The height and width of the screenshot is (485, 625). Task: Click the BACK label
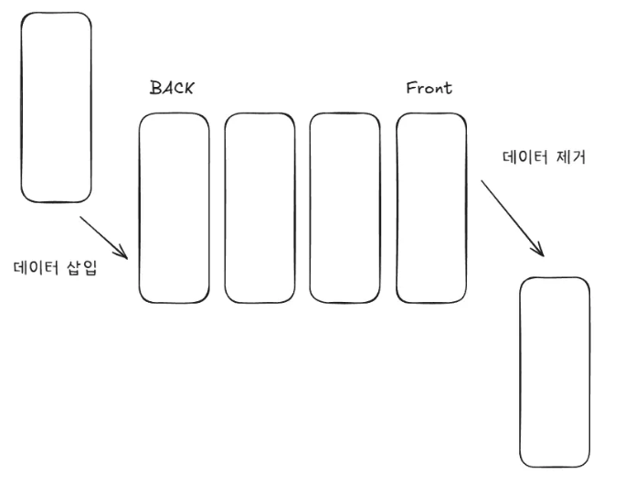pos(172,89)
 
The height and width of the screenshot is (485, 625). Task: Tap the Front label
pos(429,89)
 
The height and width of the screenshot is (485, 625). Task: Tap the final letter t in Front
pos(448,89)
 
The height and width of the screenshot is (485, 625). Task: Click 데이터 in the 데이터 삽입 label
pos(38,268)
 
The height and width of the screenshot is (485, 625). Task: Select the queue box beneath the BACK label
pos(175,208)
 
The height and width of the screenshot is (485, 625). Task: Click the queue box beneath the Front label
pos(431,208)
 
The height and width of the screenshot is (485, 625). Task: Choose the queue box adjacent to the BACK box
pos(260,208)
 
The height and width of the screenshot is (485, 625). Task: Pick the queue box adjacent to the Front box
pos(345,208)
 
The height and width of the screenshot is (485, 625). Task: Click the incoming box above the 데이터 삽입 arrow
pos(57,107)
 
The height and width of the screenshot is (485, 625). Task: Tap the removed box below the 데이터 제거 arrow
pos(555,372)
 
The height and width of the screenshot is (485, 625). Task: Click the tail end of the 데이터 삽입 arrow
pos(80,217)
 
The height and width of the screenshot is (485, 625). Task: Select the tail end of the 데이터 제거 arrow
pos(482,180)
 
